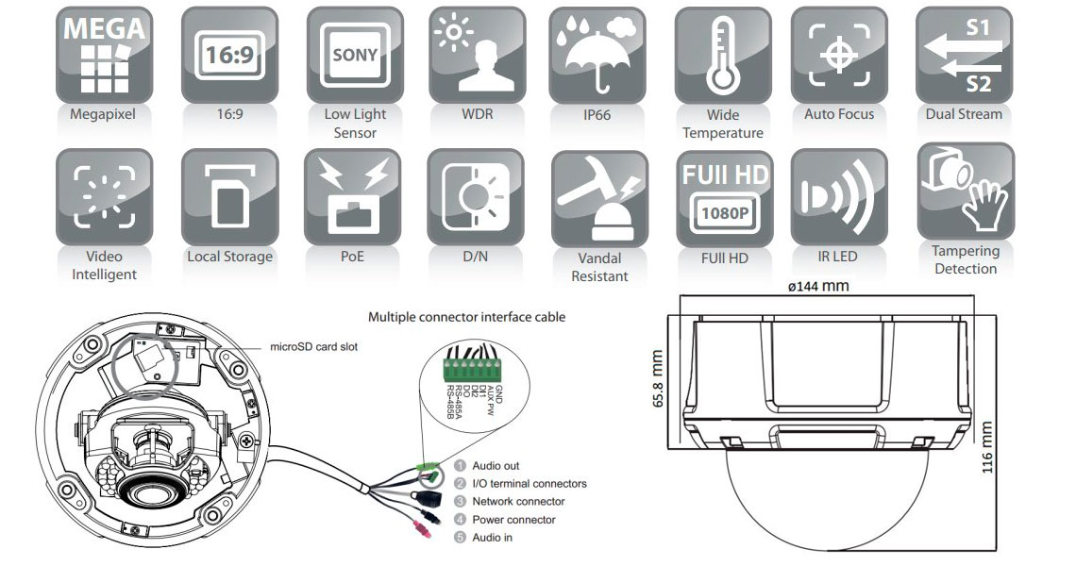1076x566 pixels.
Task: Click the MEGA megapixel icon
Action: tap(104, 55)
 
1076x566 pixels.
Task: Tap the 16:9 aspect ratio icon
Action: tap(229, 55)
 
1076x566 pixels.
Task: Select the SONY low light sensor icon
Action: tap(354, 55)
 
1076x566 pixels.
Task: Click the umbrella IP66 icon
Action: tap(600, 55)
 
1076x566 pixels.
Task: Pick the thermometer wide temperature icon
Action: tap(722, 55)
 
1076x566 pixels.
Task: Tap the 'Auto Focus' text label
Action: tap(839, 114)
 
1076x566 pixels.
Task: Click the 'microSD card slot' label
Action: tap(314, 347)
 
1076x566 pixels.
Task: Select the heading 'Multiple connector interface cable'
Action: tap(466, 318)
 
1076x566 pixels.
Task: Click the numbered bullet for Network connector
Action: tap(461, 501)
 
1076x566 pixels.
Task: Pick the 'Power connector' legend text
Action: tap(513, 519)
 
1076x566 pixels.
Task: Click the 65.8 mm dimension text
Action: tap(658, 378)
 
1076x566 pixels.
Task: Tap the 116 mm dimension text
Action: tap(987, 450)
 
